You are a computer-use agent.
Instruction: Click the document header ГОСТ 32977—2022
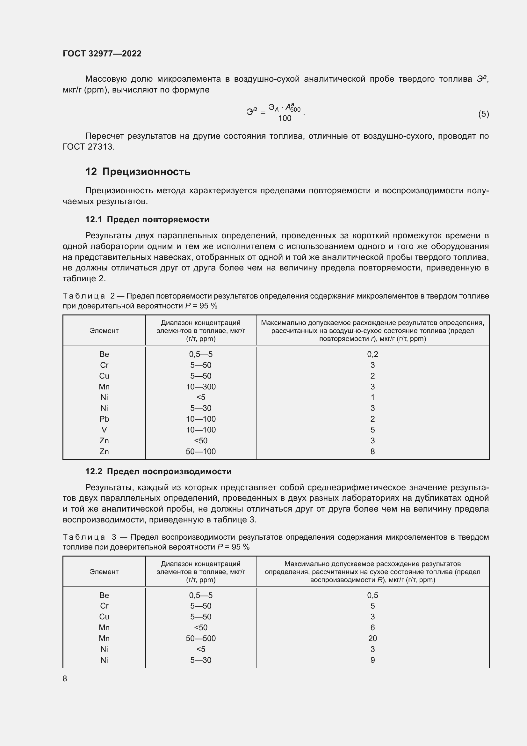(x=102, y=54)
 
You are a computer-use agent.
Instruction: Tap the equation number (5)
(x=483, y=114)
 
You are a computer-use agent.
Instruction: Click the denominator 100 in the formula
(x=285, y=119)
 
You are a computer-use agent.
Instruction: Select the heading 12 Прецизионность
(x=138, y=172)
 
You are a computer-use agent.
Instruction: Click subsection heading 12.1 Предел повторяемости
(x=147, y=220)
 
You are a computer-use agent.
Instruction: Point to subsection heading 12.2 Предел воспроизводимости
(x=158, y=471)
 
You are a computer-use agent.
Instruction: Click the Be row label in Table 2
(x=104, y=354)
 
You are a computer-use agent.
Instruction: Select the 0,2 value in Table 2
(x=372, y=354)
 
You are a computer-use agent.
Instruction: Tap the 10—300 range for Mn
(x=200, y=387)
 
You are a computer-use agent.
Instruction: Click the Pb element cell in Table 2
(x=104, y=419)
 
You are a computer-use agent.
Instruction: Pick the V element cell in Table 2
(x=104, y=430)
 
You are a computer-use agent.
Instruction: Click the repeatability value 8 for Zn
(x=372, y=452)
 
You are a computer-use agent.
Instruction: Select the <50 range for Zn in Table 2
(x=200, y=440)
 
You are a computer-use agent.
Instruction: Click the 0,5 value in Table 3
(x=372, y=595)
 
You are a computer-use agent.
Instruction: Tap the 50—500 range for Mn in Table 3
(x=200, y=639)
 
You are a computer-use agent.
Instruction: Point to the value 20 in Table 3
(x=372, y=639)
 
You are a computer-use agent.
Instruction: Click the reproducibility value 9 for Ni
(x=372, y=660)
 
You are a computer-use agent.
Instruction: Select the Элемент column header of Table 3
(x=104, y=572)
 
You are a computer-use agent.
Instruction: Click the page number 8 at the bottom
(x=65, y=679)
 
